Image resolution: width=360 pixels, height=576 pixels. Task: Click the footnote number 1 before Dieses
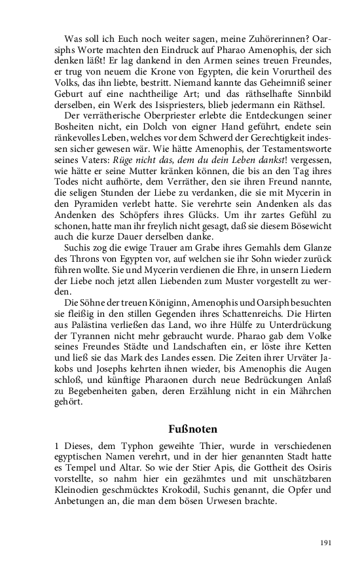pos(56,446)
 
